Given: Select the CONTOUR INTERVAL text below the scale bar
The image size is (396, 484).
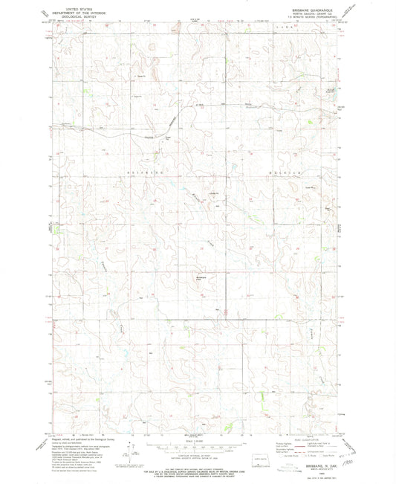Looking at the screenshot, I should click(x=198, y=456).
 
